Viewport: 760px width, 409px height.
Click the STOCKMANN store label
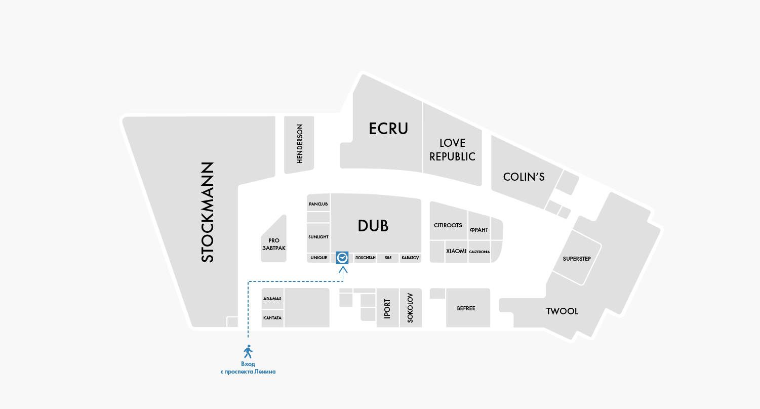click(208, 212)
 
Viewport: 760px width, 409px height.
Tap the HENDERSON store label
click(299, 144)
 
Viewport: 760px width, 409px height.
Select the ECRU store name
click(388, 129)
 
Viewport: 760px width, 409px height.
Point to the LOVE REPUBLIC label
click(452, 150)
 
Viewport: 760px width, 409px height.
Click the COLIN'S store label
click(524, 177)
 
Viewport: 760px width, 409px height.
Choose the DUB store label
click(373, 226)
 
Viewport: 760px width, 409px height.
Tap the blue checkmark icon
click(342, 258)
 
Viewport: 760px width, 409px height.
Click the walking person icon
click(248, 351)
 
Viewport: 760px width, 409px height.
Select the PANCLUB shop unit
click(318, 204)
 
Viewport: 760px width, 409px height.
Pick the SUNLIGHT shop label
click(318, 237)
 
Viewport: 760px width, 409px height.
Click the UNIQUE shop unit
click(318, 258)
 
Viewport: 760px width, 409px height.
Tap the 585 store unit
click(388, 258)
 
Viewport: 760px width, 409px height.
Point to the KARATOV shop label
click(410, 258)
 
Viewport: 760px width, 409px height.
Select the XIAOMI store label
click(456, 251)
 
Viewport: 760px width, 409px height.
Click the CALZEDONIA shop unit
click(479, 252)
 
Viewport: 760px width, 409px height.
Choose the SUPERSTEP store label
click(577, 259)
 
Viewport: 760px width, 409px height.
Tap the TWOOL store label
click(562, 311)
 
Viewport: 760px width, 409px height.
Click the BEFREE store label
click(466, 308)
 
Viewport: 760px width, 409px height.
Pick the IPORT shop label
click(387, 308)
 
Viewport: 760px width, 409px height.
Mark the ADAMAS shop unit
click(272, 298)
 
